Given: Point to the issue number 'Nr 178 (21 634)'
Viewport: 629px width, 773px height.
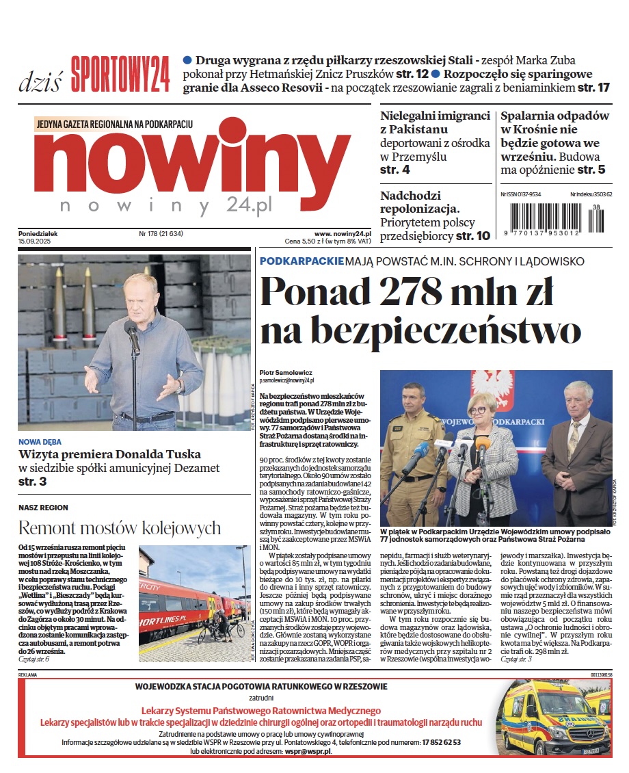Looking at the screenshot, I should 160,233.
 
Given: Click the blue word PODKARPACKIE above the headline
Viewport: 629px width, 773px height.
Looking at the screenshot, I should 301,261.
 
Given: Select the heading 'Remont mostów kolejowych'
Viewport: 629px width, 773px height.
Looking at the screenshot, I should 120,528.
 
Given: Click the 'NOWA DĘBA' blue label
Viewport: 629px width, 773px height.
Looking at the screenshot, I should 40,442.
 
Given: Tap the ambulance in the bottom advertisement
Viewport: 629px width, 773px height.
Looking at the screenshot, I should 554,718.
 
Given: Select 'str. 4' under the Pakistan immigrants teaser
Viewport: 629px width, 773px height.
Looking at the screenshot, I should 395,170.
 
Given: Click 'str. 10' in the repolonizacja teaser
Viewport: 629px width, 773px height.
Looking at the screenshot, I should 473,236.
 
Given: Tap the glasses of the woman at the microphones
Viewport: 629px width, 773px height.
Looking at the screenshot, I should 478,410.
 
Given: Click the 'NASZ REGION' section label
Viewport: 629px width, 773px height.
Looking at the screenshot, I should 44,508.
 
